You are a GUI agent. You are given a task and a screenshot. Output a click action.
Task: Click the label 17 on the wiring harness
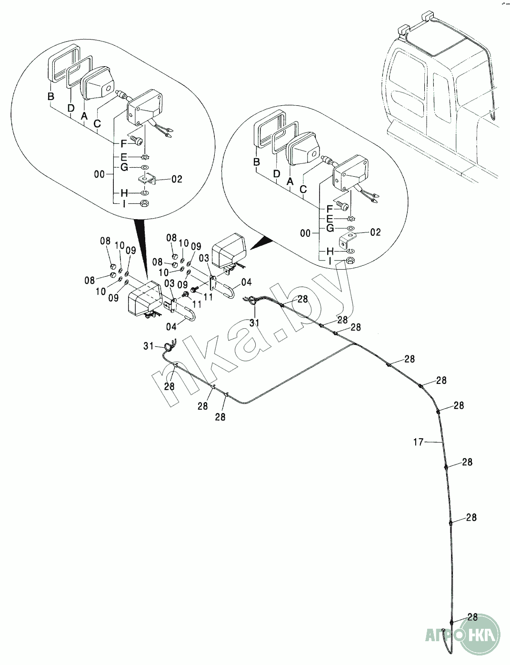[418, 443]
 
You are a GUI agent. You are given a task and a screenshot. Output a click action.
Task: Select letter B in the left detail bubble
[51, 97]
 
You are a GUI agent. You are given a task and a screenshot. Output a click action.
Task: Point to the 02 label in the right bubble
[375, 232]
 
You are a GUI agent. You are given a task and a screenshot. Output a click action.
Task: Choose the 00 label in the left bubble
[99, 175]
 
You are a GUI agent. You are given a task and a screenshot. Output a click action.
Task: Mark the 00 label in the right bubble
[306, 233]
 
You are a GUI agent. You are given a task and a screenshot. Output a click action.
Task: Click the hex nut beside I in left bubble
[144, 204]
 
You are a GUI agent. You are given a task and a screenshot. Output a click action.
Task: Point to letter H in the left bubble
[124, 193]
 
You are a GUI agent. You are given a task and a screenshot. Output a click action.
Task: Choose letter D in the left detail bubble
[71, 109]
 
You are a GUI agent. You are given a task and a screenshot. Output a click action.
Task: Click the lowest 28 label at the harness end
[472, 617]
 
